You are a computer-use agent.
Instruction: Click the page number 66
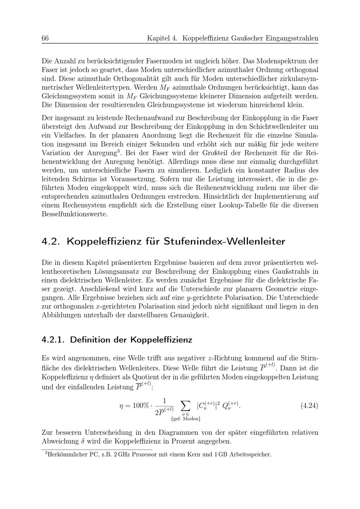45,39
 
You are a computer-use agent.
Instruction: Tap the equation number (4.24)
309,406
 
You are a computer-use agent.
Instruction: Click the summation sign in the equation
185,405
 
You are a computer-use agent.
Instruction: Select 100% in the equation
141,406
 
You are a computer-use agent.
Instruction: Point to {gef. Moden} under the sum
186,419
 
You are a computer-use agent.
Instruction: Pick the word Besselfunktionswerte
75,214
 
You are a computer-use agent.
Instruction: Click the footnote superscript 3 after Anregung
119,151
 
